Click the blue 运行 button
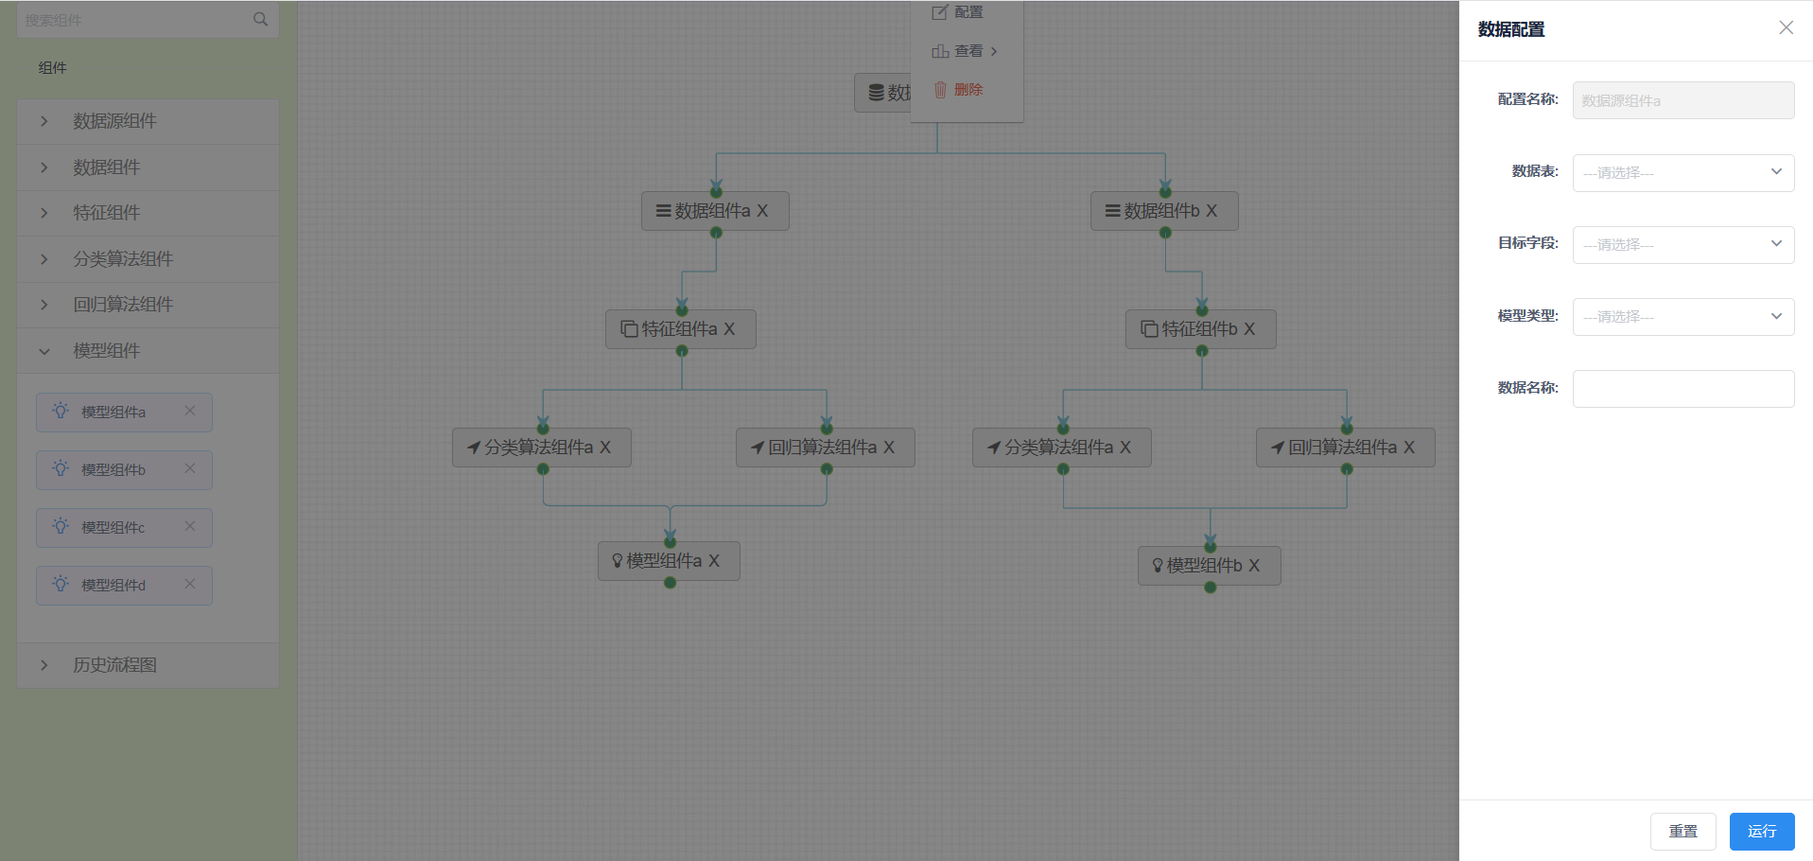pos(1762,832)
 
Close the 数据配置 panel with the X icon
pos(1786,27)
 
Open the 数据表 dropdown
pos(1683,173)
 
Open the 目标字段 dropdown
pos(1683,245)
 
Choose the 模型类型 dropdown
pos(1683,317)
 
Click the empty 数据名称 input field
pos(1683,389)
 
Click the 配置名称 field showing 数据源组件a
pos(1683,100)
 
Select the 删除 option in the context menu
pos(959,90)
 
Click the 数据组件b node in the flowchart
pos(1164,211)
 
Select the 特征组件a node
pos(681,329)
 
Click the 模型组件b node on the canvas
pos(1210,566)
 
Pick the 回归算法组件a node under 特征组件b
pos(1346,448)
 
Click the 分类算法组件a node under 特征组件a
pos(542,448)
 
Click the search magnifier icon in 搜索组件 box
pos(261,19)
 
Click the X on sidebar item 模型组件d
pos(190,584)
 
